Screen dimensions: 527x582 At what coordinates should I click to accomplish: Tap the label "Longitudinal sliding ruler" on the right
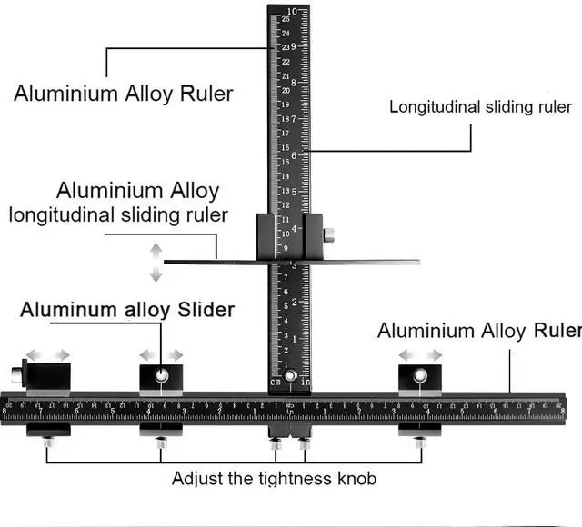(x=480, y=106)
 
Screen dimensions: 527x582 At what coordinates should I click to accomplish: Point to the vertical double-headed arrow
(x=156, y=263)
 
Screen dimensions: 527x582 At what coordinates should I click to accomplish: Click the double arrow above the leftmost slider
(x=48, y=354)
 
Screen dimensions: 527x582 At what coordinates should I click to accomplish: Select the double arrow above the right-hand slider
(x=421, y=354)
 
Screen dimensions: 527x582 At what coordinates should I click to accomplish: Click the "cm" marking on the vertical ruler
(x=276, y=382)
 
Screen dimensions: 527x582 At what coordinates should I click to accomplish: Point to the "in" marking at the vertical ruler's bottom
(x=304, y=382)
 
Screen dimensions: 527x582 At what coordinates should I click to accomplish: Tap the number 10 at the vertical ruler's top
(x=291, y=11)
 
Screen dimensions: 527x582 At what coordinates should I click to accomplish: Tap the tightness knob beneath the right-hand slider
(x=419, y=442)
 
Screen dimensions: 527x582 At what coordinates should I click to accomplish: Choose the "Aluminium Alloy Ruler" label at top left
(x=123, y=93)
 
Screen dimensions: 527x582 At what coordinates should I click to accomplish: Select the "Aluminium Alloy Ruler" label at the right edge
(x=478, y=331)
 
